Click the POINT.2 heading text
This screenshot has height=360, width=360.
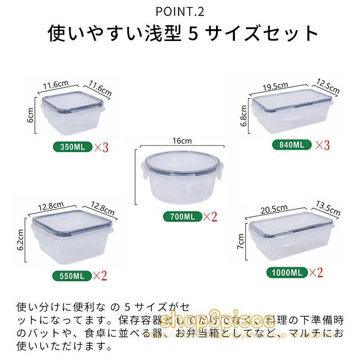pos(180,11)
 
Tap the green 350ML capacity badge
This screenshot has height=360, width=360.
pos(72,147)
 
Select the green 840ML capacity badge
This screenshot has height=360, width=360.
pos(292,145)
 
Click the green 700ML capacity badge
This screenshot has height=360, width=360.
pos(183,216)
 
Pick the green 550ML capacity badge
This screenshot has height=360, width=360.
pos(72,275)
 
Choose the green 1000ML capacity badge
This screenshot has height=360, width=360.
pos(286,272)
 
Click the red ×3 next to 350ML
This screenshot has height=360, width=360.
pos(101,147)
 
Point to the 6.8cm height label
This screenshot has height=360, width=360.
pos(244,116)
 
